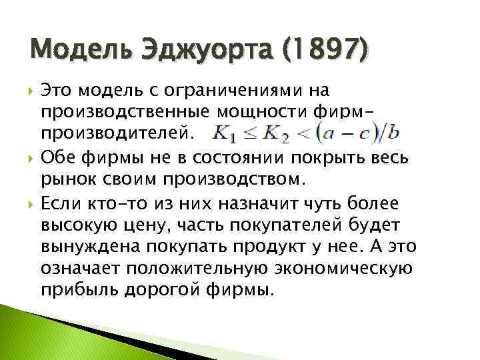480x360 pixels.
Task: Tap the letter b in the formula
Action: tap(393, 133)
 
